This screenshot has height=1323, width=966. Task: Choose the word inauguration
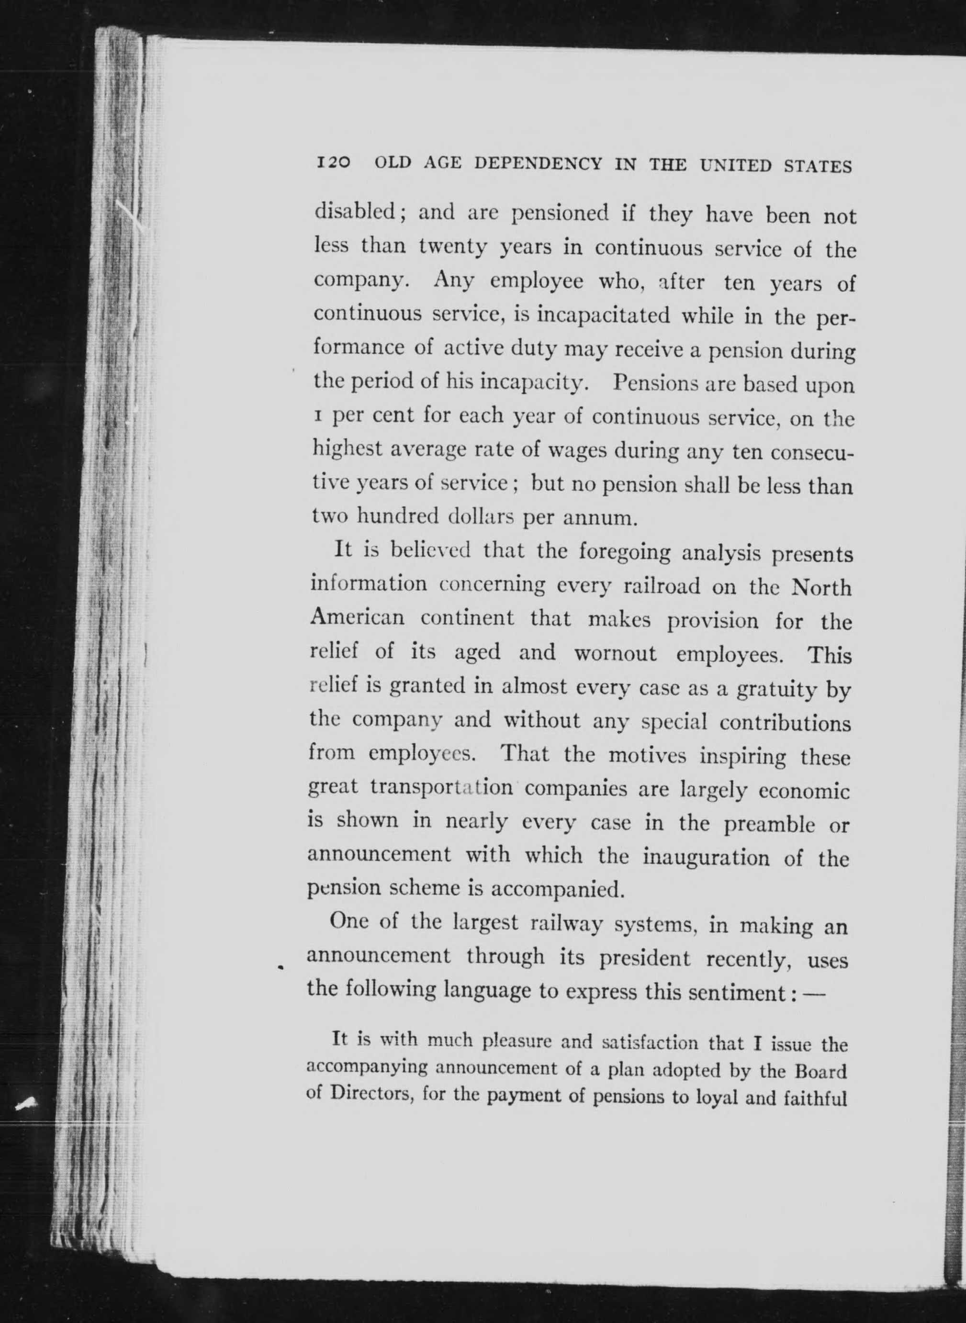(707, 858)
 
